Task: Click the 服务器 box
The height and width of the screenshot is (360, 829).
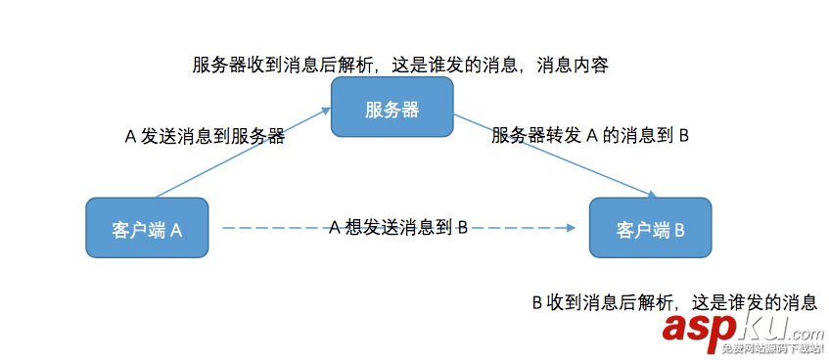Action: click(x=391, y=108)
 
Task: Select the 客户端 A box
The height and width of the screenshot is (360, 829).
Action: click(x=148, y=230)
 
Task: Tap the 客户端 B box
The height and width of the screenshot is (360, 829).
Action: click(x=650, y=230)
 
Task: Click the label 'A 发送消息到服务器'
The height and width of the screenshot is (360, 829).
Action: click(x=205, y=137)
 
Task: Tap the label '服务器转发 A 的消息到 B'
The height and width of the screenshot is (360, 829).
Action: click(x=591, y=136)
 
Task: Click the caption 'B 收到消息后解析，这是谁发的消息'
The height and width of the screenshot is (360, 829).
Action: click(x=674, y=302)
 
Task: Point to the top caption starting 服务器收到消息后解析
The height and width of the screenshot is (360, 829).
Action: click(x=400, y=66)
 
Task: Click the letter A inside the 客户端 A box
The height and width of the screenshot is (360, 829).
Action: click(x=177, y=230)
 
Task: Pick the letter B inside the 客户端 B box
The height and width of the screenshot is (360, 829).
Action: click(x=678, y=230)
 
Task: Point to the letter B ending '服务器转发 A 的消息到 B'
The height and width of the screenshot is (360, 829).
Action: click(x=684, y=136)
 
